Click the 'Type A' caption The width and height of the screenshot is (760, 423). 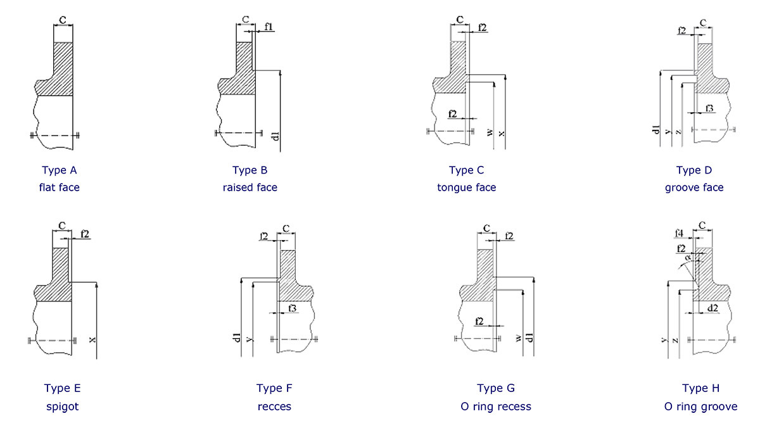coord(60,170)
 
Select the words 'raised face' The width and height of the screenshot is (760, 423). coord(250,187)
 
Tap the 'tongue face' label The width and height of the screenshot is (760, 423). coord(466,187)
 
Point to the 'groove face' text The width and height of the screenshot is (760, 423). coord(694,187)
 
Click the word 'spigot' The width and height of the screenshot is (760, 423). coord(62,407)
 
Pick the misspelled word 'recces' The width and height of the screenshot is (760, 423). coord(274,407)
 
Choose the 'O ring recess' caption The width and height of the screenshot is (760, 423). coord(496,407)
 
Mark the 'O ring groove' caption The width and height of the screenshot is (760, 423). coord(701,407)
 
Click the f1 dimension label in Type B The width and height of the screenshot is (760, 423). coord(269,27)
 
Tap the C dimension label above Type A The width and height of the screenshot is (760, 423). coord(63,20)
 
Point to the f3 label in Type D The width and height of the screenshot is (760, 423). coord(709,108)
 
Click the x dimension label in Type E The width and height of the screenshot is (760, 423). coord(92,340)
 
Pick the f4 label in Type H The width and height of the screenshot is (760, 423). coord(680,232)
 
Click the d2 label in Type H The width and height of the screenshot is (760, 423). coord(712,308)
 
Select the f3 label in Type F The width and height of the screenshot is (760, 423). coord(292,308)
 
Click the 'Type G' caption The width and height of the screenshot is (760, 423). coord(496,388)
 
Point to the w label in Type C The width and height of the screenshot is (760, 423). coord(490,133)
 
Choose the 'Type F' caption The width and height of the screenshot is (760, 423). coord(274,388)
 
